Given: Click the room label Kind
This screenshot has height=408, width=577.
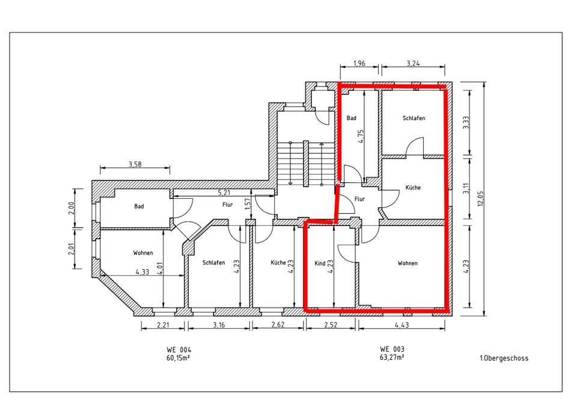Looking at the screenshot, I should [320, 263].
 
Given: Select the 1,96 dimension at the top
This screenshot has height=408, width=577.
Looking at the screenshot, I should [359, 62].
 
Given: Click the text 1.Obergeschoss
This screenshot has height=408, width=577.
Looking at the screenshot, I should [504, 358].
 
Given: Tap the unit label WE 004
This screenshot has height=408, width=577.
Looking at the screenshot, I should [179, 349].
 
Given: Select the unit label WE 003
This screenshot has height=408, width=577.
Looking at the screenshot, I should [392, 349].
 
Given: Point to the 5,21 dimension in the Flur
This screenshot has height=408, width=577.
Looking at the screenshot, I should [224, 192].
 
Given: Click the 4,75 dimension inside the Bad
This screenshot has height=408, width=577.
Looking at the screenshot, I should [361, 136].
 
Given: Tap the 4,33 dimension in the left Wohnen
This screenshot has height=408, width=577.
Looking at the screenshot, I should [142, 272].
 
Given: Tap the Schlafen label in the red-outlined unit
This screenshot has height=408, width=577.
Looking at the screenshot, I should [414, 118].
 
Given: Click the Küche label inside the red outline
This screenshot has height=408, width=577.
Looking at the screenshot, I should [413, 187].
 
